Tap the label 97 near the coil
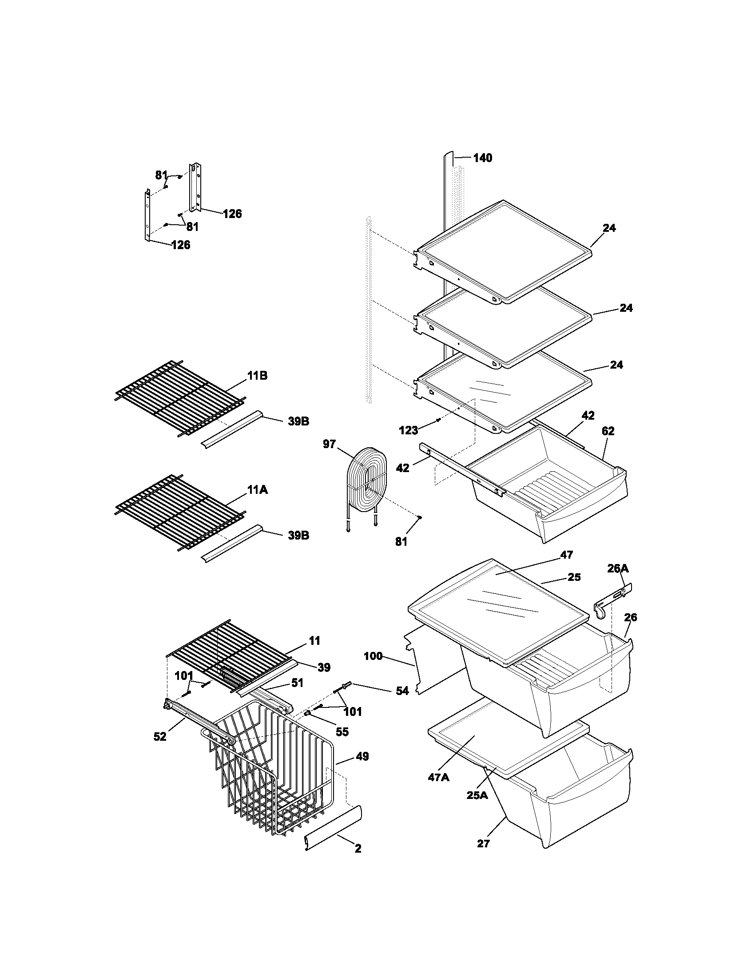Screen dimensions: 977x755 click(x=329, y=445)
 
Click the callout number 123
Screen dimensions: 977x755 click(x=408, y=430)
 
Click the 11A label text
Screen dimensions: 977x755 click(x=257, y=490)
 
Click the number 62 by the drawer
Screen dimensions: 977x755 click(x=608, y=431)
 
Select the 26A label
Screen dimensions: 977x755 click(x=618, y=568)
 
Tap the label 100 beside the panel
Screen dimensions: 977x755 click(x=373, y=656)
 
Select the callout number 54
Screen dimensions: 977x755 click(x=402, y=691)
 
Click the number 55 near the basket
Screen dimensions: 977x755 click(x=342, y=732)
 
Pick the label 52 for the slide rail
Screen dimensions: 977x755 click(x=160, y=737)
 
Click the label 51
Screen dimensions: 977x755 click(x=297, y=683)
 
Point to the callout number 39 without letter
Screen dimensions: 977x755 click(x=324, y=667)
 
